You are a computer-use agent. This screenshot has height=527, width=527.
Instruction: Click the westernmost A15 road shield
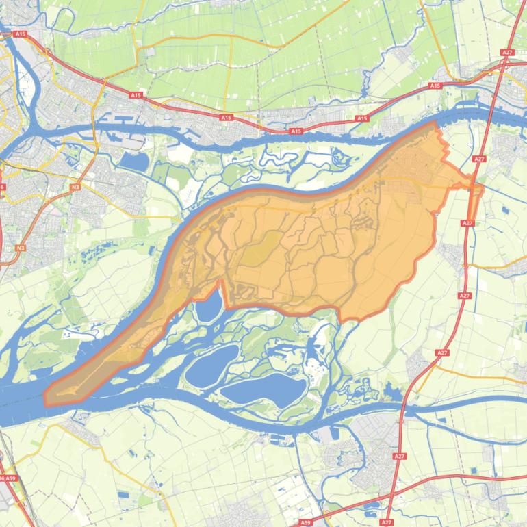tap(20, 34)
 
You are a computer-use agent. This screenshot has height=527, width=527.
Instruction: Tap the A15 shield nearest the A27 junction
tap(435, 86)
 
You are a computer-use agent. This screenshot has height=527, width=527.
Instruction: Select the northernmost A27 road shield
tap(506, 52)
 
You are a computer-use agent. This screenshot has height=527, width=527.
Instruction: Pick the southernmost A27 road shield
tap(387, 522)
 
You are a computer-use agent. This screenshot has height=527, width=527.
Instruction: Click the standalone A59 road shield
tap(305, 522)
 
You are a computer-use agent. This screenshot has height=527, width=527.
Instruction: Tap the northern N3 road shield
tap(75, 186)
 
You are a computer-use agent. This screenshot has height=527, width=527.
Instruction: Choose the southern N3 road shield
tap(21, 248)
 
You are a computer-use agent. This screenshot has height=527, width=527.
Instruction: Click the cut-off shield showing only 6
tap(2, 186)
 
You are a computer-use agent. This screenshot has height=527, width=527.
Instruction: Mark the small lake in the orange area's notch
tap(208, 305)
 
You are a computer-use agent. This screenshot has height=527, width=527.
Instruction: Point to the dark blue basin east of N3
tap(134, 162)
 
